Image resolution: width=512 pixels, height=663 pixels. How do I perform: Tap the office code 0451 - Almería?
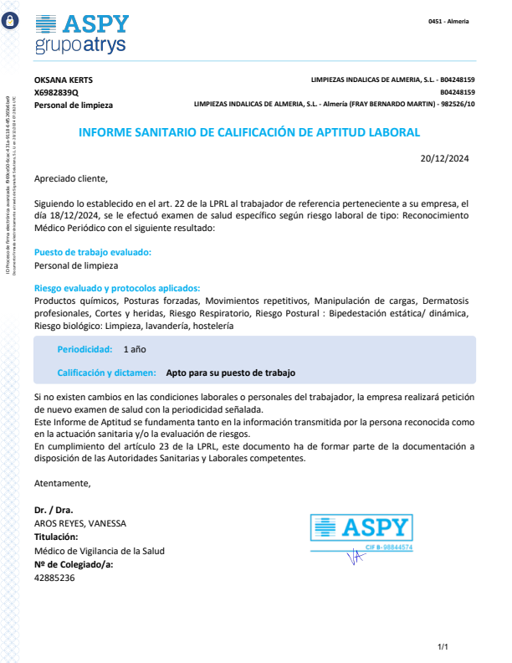(x=448, y=21)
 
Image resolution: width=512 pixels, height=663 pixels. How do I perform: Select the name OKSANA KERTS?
(x=64, y=80)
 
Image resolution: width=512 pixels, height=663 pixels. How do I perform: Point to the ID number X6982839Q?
(x=56, y=93)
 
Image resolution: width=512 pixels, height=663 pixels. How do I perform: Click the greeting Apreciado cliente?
(x=71, y=178)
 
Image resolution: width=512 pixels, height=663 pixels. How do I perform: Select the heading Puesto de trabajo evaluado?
(x=93, y=252)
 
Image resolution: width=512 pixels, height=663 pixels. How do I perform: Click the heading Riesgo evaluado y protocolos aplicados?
(x=117, y=288)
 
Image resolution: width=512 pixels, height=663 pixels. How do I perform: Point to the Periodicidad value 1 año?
(x=135, y=349)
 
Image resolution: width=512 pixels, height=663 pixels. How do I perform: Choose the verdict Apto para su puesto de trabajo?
(x=231, y=373)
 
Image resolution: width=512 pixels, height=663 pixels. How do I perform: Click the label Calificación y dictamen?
(x=106, y=373)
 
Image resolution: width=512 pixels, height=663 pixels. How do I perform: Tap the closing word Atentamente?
(x=62, y=483)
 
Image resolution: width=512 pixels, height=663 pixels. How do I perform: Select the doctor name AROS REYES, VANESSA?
(x=80, y=523)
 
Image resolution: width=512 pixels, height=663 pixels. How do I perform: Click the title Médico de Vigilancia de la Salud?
(x=100, y=551)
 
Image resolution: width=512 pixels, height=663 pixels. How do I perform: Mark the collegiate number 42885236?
(x=54, y=578)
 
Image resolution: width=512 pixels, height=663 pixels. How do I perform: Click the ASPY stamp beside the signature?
(x=362, y=532)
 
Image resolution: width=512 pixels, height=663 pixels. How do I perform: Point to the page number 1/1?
(x=443, y=647)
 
